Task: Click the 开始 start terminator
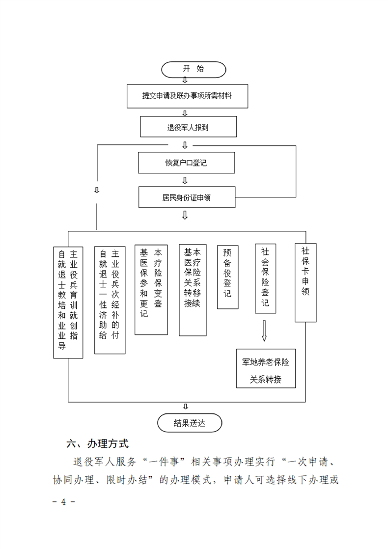pos(194,69)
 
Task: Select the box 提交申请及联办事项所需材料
pos(187,96)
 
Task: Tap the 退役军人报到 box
pos(189,127)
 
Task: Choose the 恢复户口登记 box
pos(186,163)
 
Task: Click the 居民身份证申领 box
pos(187,197)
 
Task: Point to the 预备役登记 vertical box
pos(227,277)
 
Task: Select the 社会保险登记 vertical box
pos(265,278)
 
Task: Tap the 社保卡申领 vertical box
pos(305,282)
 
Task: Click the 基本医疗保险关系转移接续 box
pos(193,290)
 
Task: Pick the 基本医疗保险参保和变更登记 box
pos(151,290)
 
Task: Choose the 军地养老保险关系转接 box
pos(266,368)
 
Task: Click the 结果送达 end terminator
pos(190,423)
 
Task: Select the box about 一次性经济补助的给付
pos(110,300)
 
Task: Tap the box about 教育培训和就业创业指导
pos(68,302)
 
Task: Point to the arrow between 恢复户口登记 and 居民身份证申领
pos(185,180)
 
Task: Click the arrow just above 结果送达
pos(186,407)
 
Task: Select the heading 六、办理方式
pos(97,444)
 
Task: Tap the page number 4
pos(63,502)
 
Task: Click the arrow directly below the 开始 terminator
pos(185,80)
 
